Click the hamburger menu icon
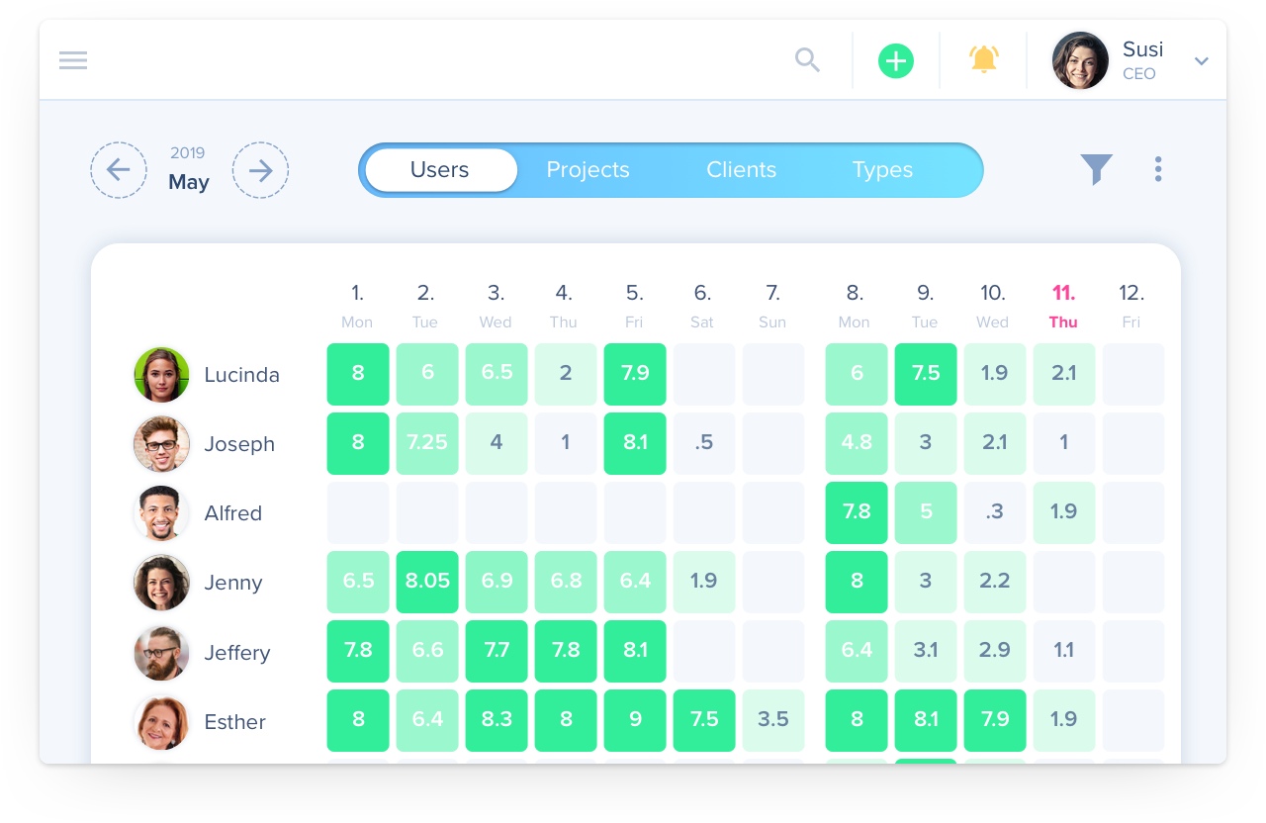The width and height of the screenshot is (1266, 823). pyautogui.click(x=73, y=60)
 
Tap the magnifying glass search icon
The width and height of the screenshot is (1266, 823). pyautogui.click(x=808, y=60)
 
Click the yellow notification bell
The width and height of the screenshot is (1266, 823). pyautogui.click(x=983, y=59)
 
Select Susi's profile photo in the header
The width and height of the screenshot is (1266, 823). pyautogui.click(x=1080, y=60)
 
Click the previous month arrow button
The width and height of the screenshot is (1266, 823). pyautogui.click(x=119, y=170)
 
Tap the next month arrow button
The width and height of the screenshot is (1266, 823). pyautogui.click(x=260, y=170)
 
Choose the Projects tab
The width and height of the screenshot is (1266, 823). pyautogui.click(x=588, y=170)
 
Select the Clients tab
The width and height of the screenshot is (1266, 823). pyautogui.click(x=741, y=170)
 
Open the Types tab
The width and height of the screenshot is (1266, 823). pyautogui.click(x=882, y=170)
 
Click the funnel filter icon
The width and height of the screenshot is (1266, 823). pyautogui.click(x=1096, y=169)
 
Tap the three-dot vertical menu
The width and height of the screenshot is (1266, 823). pyautogui.click(x=1158, y=169)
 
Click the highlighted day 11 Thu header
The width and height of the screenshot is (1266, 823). pyautogui.click(x=1063, y=305)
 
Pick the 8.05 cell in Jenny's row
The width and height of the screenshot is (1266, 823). pyautogui.click(x=427, y=582)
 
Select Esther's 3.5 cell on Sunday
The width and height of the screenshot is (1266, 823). pyautogui.click(x=773, y=720)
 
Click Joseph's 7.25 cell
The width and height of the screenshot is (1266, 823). pyautogui.click(x=427, y=443)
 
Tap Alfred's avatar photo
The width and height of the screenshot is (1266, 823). pyautogui.click(x=161, y=513)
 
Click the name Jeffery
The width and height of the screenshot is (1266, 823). pyautogui.click(x=236, y=653)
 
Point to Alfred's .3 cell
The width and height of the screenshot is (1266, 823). pyautogui.click(x=995, y=512)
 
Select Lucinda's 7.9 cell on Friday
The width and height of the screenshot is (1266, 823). pyautogui.click(x=635, y=374)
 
